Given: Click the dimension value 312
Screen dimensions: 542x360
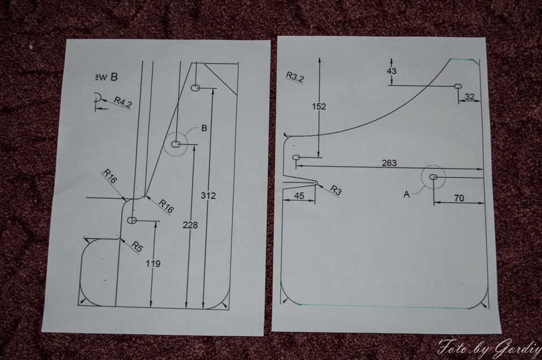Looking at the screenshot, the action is [x=208, y=195].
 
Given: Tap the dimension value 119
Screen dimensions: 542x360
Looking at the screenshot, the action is [x=152, y=264].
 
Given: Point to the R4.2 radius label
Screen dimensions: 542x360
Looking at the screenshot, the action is [x=123, y=102].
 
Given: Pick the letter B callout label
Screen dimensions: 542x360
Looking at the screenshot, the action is [x=204, y=128].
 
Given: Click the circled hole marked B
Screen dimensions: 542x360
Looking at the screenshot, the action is [x=176, y=144].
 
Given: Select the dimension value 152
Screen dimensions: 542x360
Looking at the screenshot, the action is [x=319, y=106].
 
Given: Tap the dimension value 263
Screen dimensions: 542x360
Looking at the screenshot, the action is [x=389, y=163].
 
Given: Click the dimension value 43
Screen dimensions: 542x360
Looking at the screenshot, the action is [x=392, y=71].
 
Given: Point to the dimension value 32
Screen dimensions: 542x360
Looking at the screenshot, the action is [x=469, y=97].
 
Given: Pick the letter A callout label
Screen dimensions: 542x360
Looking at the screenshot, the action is [x=406, y=194].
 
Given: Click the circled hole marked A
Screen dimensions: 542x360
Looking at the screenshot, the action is [x=434, y=177].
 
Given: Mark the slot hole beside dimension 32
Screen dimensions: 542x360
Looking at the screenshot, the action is [x=458, y=86].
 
